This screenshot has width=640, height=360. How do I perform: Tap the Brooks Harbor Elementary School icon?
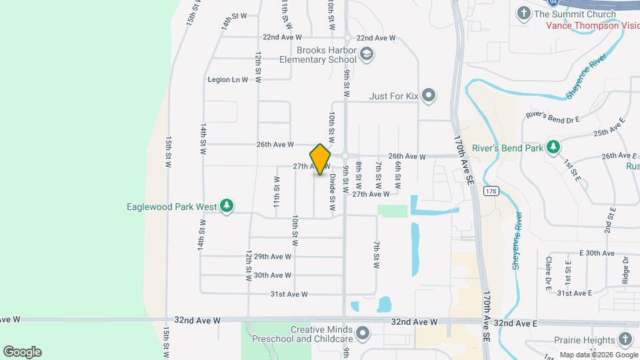coord(365,54)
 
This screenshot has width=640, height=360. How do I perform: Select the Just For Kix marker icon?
coord(429,96)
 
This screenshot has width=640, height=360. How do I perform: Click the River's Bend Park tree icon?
coord(553,146)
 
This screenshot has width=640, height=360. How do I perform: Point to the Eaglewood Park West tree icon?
coord(227,206)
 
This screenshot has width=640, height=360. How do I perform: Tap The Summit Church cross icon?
coord(524,13)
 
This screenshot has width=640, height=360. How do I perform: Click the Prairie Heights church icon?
coord(625,339)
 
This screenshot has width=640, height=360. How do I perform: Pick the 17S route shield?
coord(491,191)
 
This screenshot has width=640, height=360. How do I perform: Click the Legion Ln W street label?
coord(228,79)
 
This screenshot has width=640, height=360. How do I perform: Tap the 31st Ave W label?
coord(289,294)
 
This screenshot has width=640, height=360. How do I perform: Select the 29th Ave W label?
coord(273,257)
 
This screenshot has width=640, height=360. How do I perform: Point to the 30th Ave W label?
coord(273,275)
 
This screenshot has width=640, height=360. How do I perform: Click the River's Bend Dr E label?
coord(553,115)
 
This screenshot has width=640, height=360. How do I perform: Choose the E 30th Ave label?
coord(597,253)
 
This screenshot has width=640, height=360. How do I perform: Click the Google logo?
coord(22,351)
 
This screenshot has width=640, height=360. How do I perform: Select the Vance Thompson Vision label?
coord(592,26)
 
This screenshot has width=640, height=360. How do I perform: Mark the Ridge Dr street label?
coord(625,269)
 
